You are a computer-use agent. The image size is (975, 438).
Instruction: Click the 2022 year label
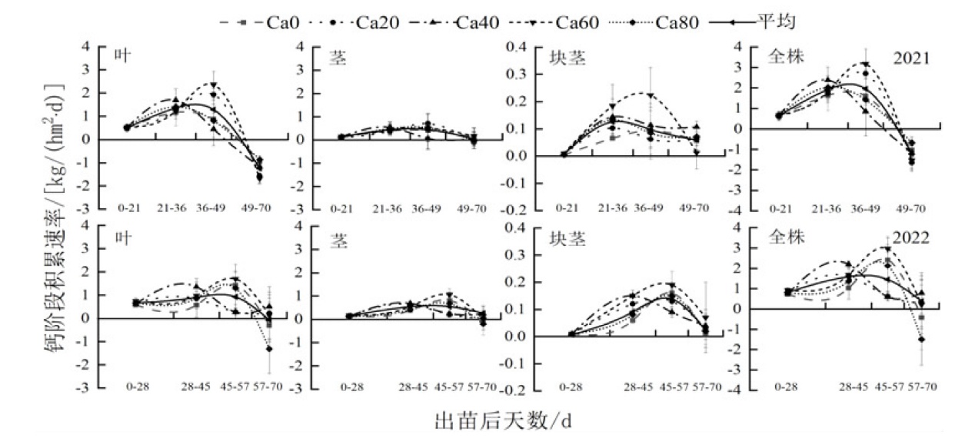(912, 238)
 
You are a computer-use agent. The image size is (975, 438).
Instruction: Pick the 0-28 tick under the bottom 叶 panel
(136, 387)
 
